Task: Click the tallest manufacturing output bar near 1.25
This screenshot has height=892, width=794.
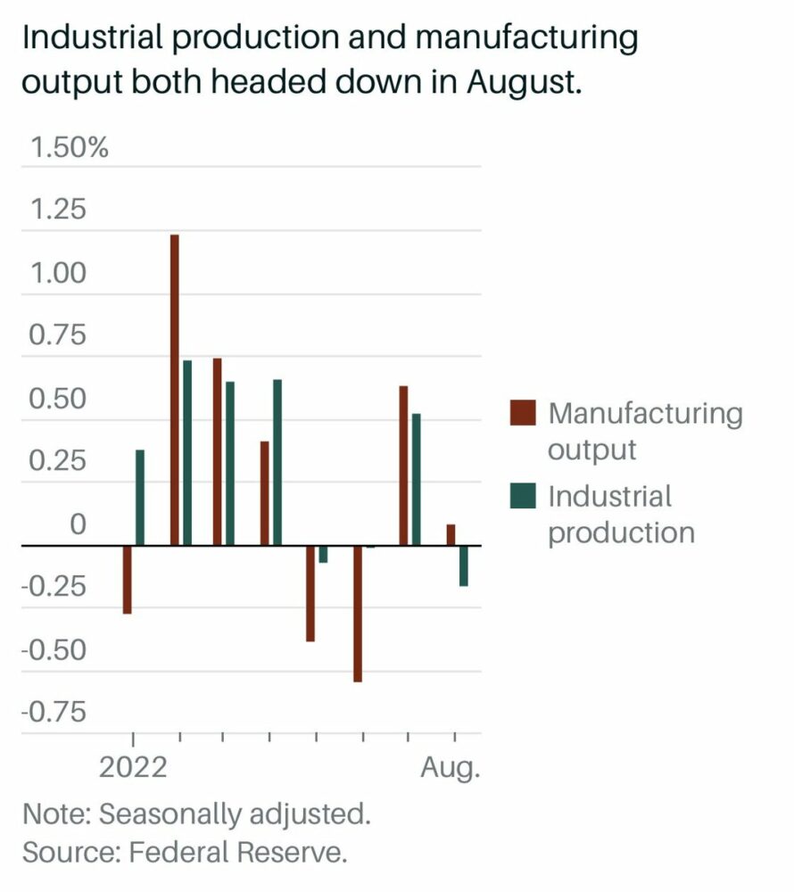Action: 175,389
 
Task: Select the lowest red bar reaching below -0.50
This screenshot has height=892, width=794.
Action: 358,613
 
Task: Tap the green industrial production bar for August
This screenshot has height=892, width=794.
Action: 464,566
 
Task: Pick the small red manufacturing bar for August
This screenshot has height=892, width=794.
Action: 451,534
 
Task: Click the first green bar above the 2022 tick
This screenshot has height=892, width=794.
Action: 140,497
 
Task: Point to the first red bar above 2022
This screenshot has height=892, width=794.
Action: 128,579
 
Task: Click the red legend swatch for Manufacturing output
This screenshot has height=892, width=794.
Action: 523,414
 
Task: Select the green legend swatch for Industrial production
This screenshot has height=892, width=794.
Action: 523,496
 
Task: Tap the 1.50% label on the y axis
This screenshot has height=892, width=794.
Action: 69,146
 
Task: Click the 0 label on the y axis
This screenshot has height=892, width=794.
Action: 79,524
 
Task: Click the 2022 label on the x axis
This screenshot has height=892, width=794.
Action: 133,767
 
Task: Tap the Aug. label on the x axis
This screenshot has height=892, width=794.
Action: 451,767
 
